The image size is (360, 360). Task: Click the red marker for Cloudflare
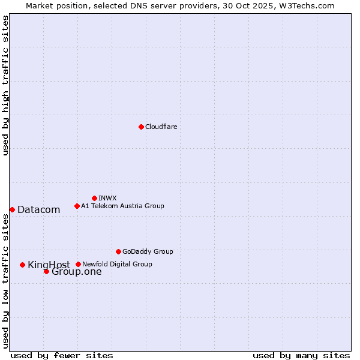click(x=141, y=127)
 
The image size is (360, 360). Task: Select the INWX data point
click(x=94, y=198)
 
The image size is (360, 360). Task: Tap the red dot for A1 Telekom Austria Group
click(x=77, y=206)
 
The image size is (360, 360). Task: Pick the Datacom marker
click(x=12, y=209)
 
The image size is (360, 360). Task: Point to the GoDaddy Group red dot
click(x=118, y=251)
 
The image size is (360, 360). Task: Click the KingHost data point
click(x=22, y=265)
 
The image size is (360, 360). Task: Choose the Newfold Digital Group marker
click(x=78, y=264)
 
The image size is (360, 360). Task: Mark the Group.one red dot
click(x=46, y=271)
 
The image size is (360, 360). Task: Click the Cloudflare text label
click(x=161, y=127)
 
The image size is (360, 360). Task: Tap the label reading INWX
click(x=107, y=198)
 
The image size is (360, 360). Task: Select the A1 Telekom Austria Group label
click(x=122, y=206)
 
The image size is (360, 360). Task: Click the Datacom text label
click(x=39, y=209)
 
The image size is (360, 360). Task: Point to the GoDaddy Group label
click(x=148, y=251)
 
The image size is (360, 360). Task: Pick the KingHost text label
click(x=49, y=265)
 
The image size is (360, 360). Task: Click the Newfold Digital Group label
click(x=117, y=264)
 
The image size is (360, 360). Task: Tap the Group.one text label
click(x=77, y=271)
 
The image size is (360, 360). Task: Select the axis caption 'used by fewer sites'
click(x=62, y=355)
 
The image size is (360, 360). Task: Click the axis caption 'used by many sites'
click(x=301, y=355)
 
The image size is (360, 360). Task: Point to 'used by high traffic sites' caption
click(x=5, y=86)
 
